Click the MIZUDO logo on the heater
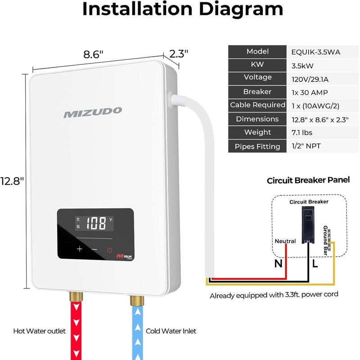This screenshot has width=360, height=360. click(x=93, y=112)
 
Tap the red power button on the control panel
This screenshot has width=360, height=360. click(x=110, y=250)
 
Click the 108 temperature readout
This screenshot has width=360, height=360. click(x=96, y=223)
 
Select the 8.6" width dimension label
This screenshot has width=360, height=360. click(x=93, y=54)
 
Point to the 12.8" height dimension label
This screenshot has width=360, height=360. click(x=12, y=181)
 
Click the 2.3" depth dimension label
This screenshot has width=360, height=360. click(x=179, y=54)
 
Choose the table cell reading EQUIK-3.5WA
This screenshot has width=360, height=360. click(x=316, y=52)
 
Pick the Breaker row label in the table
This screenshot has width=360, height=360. click(x=257, y=92)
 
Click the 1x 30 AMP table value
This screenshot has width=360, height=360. click(x=310, y=93)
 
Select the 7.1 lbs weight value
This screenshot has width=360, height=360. click(x=302, y=133)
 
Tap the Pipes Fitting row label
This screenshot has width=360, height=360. click(x=257, y=147)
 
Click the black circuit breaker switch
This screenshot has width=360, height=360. click(x=308, y=224)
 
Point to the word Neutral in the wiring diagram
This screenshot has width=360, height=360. click(x=285, y=241)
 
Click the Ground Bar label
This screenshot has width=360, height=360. click(x=325, y=240)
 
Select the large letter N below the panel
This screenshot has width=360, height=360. click(x=279, y=263)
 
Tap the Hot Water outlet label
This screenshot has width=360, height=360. click(x=40, y=331)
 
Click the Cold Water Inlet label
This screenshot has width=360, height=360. click(x=171, y=331)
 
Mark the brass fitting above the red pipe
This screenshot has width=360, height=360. click(x=76, y=297)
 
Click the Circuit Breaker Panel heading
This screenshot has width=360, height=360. click(x=308, y=180)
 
